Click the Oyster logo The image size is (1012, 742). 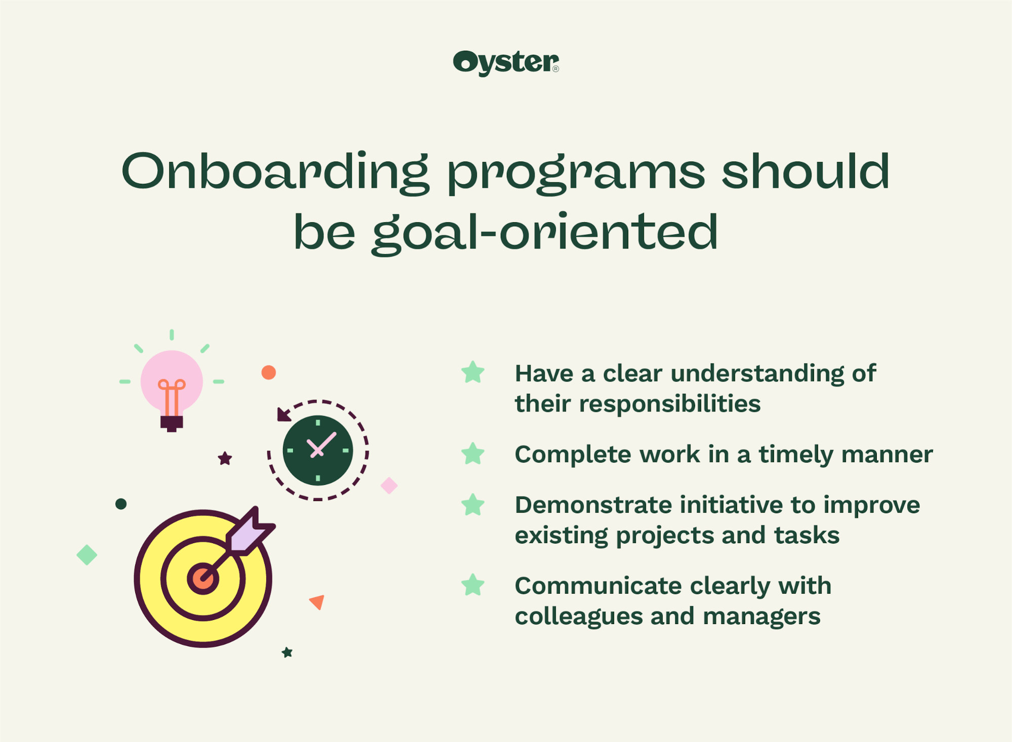point(506,63)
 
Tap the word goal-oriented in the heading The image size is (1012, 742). point(545,233)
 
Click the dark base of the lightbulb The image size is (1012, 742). point(172,423)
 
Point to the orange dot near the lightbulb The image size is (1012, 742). point(268,373)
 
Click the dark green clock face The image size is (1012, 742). point(317,450)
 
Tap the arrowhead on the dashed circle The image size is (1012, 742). point(284,415)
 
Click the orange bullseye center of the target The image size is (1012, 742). point(203,579)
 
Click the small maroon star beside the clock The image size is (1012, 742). point(225,459)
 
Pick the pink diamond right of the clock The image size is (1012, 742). point(389,485)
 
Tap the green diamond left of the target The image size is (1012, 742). point(87,555)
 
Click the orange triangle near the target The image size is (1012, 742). point(317,601)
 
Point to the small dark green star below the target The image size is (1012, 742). point(287,652)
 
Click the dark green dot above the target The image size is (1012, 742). point(121,504)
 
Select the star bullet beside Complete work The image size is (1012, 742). point(473,454)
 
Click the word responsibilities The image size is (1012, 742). point(669,404)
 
